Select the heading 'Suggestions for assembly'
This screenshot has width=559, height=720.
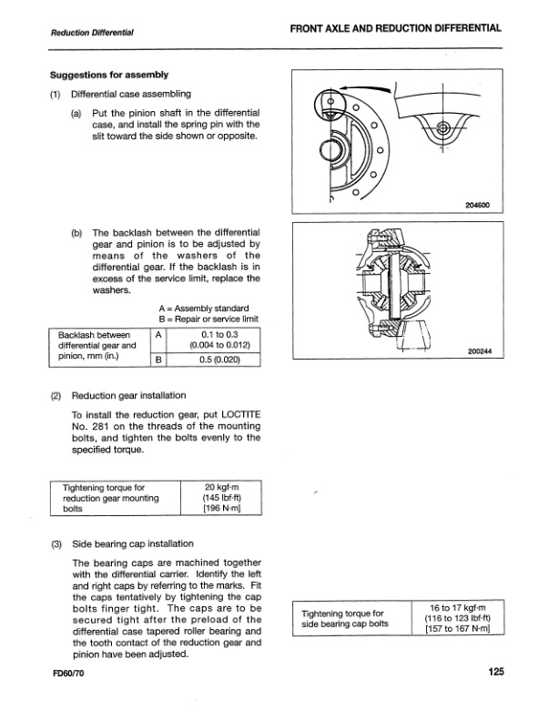point(101,74)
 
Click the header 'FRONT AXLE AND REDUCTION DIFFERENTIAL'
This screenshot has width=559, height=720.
point(396,29)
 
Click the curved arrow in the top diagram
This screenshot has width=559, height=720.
point(364,86)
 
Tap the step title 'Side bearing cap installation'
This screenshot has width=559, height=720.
point(132,543)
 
